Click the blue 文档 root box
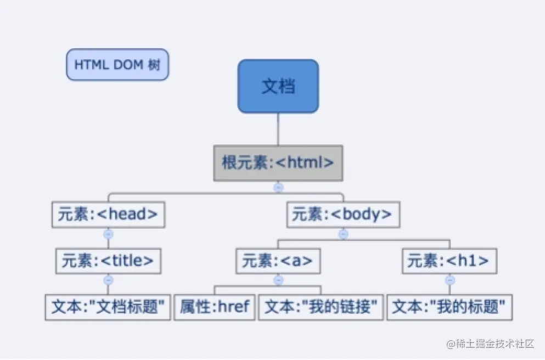278,86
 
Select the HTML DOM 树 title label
117,65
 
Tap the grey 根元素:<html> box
278,163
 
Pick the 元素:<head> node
108,215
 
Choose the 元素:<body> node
343,215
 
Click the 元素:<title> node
108,261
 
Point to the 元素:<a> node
278,261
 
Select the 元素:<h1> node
450,261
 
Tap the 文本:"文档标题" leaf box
108,307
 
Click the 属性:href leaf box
215,307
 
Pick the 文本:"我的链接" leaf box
321,307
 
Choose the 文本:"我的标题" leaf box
450,307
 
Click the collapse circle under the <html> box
278,187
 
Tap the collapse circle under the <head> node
108,234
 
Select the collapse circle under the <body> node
344,234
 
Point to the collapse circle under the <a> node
278,280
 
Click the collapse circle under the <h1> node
450,280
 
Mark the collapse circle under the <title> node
108,280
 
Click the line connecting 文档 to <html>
278,129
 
